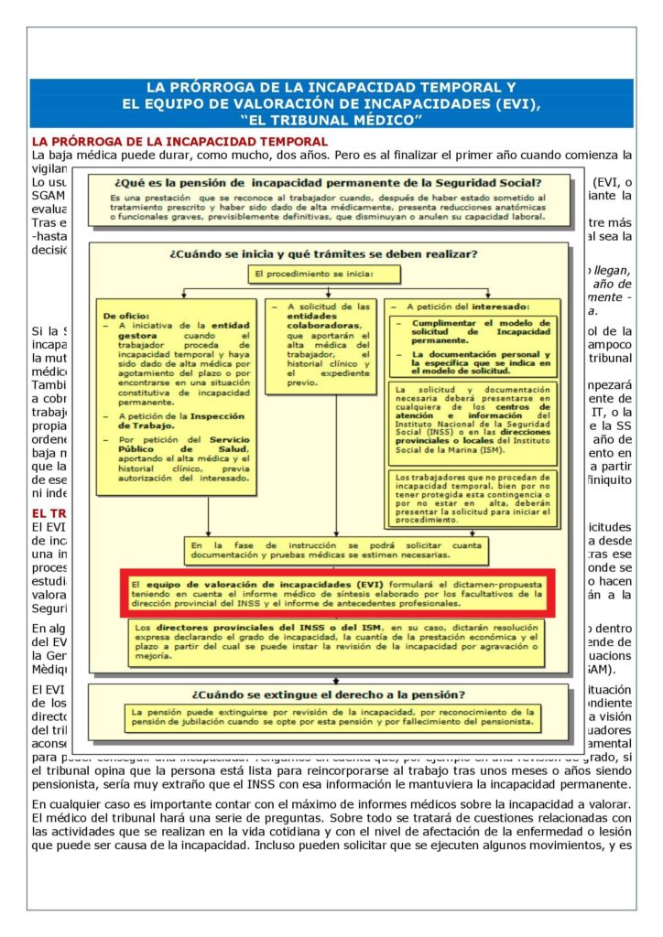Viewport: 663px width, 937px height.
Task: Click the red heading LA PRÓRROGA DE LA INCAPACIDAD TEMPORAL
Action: (x=179, y=141)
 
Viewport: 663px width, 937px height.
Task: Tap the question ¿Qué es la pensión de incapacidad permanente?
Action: (x=329, y=182)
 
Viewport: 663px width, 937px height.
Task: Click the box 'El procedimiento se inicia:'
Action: (x=311, y=273)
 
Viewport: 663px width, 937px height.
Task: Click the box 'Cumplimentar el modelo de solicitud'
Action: (x=475, y=344)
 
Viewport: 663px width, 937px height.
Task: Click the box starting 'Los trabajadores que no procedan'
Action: (x=472, y=498)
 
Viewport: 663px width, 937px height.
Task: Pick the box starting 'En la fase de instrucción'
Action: (x=335, y=550)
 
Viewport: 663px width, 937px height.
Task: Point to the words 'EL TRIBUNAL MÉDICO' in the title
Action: (x=331, y=120)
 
